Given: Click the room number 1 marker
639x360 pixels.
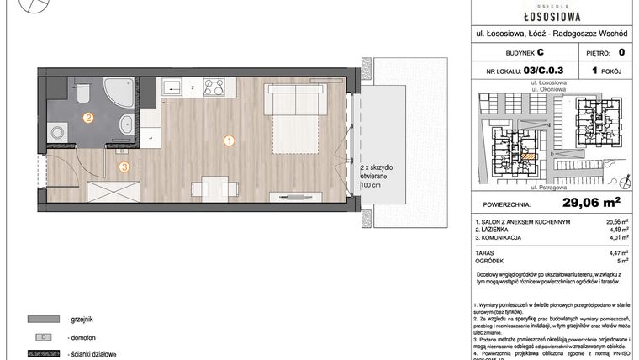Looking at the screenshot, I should click(228, 141).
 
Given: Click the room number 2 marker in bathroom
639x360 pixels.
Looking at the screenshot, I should click(87, 118).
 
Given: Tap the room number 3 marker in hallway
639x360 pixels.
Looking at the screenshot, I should click(124, 167).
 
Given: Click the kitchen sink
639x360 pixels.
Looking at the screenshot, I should click(170, 87).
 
